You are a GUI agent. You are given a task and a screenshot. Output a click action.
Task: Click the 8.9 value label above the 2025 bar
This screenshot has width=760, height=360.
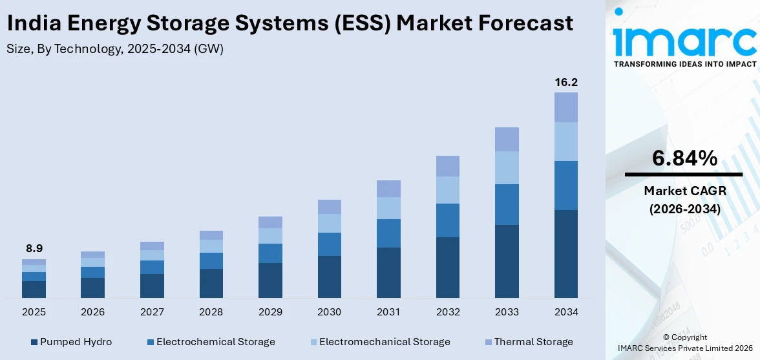tap(34, 248)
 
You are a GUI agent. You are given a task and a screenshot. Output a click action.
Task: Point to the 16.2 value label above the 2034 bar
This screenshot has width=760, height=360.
tap(566, 82)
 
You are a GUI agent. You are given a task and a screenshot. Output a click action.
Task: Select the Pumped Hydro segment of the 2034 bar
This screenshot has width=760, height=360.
tap(566, 254)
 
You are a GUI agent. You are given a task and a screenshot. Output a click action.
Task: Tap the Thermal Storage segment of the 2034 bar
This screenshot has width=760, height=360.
tap(566, 107)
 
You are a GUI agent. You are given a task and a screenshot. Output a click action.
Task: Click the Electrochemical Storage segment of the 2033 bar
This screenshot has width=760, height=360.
tap(507, 204)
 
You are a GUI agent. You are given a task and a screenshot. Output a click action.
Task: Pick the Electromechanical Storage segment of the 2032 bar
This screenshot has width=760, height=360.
tap(448, 190)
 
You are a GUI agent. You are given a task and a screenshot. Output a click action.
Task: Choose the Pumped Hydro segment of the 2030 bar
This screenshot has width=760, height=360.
tap(330, 277)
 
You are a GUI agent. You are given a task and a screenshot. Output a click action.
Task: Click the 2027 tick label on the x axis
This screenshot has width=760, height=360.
tap(152, 312)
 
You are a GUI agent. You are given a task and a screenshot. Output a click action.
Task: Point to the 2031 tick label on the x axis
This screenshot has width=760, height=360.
tap(388, 312)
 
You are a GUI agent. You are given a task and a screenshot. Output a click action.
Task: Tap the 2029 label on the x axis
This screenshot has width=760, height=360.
tap(270, 312)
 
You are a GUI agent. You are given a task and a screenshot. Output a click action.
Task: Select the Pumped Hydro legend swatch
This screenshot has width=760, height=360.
tap(34, 342)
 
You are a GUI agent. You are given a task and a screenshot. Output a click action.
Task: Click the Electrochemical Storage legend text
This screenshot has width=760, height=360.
tap(215, 342)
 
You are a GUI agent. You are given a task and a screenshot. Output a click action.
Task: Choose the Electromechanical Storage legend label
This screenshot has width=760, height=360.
tap(385, 342)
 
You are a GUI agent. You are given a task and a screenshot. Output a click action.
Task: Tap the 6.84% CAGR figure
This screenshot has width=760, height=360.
tap(684, 158)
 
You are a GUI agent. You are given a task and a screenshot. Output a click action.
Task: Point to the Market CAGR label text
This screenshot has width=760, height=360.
tap(684, 191)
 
